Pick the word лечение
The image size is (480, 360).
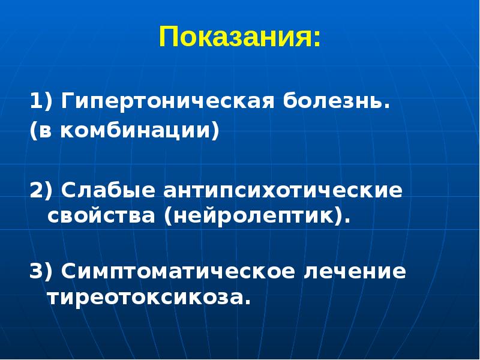point(356,271)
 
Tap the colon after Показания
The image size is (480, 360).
point(316,40)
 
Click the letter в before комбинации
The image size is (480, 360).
point(44,130)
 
